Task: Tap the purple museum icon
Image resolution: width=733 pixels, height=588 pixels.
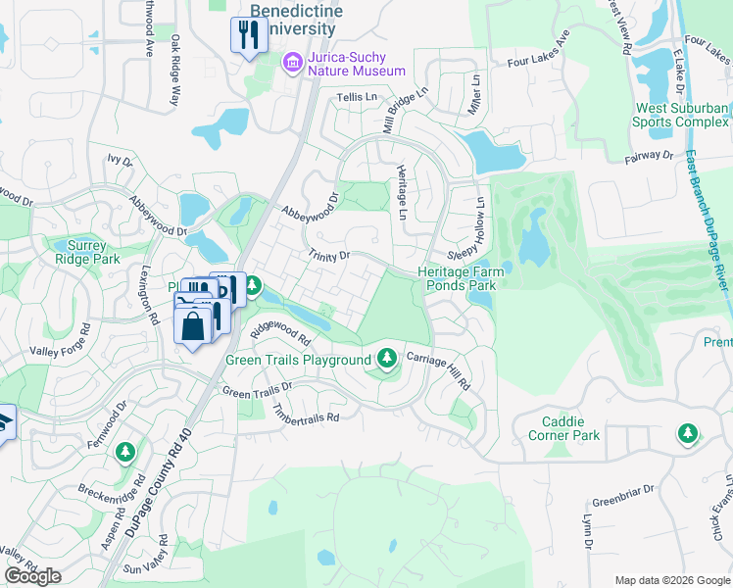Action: pyautogui.click(x=292, y=64)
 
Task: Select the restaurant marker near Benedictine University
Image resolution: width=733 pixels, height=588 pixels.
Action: pyautogui.click(x=248, y=36)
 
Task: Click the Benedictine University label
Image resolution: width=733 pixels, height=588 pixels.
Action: pyautogui.click(x=293, y=20)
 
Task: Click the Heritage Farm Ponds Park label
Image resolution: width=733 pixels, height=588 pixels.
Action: pyautogui.click(x=457, y=278)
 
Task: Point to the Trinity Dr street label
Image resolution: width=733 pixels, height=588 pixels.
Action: pyautogui.click(x=328, y=256)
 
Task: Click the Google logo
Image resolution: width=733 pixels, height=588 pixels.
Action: pyautogui.click(x=32, y=576)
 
